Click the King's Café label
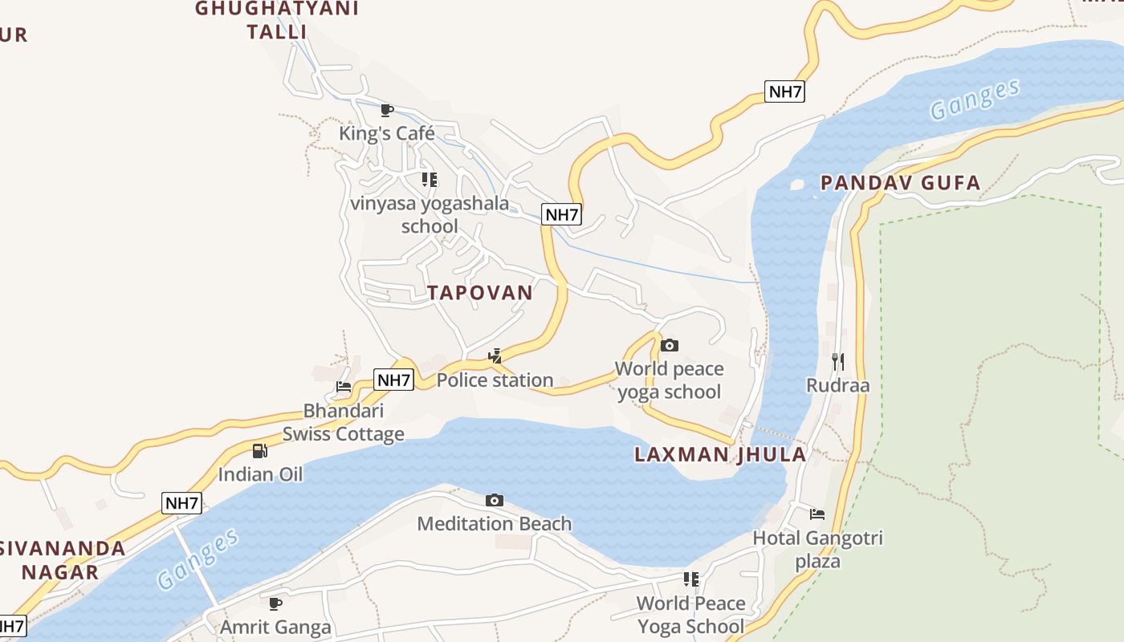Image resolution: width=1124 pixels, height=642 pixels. tap(387, 133)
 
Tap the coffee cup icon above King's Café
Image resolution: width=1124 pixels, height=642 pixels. tap(387, 110)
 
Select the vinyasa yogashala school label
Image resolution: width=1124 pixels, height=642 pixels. tap(430, 215)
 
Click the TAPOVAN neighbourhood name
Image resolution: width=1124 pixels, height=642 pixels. tap(480, 293)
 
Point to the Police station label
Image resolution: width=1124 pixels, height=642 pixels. tap(495, 380)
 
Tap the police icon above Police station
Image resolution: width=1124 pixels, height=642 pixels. tap(495, 356)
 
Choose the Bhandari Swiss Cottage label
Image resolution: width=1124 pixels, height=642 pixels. tap(344, 423)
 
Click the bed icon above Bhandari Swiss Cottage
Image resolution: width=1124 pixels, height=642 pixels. tap(344, 387)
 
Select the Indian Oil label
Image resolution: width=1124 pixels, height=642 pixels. tap(261, 474)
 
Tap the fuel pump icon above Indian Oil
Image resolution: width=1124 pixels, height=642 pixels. tap(260, 451)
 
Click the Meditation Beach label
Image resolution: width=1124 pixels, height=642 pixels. tap(495, 524)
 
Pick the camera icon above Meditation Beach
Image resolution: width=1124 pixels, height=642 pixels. tap(495, 501)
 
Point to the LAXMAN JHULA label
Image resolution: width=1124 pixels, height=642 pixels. tap(720, 454)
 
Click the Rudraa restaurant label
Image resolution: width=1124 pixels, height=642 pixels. tap(838, 385)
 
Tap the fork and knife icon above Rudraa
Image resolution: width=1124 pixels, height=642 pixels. tap(838, 361)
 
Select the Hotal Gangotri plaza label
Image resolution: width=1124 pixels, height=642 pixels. tap(817, 549)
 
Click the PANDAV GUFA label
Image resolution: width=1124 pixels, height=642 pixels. tap(900, 183)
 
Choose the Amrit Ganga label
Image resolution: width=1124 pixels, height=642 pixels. tap(275, 627)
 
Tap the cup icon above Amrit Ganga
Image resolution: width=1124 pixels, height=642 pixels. tap(275, 603)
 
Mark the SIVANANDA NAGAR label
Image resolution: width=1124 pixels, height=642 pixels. tap(63, 560)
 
